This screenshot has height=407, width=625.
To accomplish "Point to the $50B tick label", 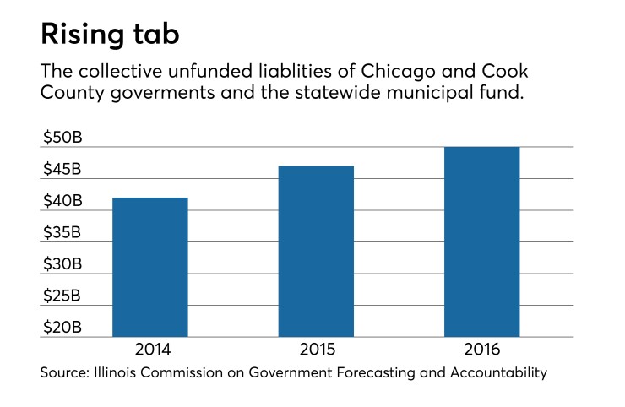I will coord(62,138).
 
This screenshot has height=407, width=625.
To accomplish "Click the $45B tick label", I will coord(62,169).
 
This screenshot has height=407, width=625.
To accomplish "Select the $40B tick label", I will coord(62,201).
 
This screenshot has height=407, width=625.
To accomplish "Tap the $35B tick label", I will coord(62,232).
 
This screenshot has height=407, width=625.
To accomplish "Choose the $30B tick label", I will coord(62,264).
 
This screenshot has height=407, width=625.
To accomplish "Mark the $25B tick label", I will coord(62,296).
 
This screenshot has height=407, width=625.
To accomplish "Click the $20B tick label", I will coord(62,327).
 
